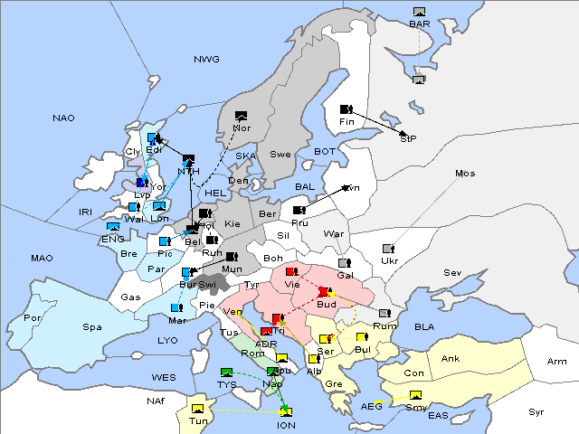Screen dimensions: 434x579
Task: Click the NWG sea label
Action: click(x=206, y=60)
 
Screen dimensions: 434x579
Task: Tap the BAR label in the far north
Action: click(x=419, y=24)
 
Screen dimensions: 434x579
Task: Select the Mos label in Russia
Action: click(x=465, y=173)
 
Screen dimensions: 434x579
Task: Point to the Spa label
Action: click(x=91, y=326)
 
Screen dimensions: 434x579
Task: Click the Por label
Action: click(x=33, y=318)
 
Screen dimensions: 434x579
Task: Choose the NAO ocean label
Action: click(x=63, y=118)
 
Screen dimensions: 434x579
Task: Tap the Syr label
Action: click(x=537, y=411)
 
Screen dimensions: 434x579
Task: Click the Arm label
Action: click(x=557, y=362)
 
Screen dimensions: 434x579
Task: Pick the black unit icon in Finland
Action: click(x=346, y=109)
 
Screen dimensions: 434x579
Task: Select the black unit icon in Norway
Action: click(x=241, y=116)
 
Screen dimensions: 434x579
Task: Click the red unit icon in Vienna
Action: click(x=290, y=271)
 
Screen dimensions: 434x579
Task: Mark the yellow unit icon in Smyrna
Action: click(x=415, y=396)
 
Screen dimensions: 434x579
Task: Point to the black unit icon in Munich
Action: click(x=232, y=258)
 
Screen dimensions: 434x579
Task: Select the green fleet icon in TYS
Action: click(x=227, y=373)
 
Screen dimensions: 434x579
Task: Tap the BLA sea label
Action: click(x=424, y=326)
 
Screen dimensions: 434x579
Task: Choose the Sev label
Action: click(x=451, y=272)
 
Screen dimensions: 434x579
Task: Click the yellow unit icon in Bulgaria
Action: click(x=362, y=337)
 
